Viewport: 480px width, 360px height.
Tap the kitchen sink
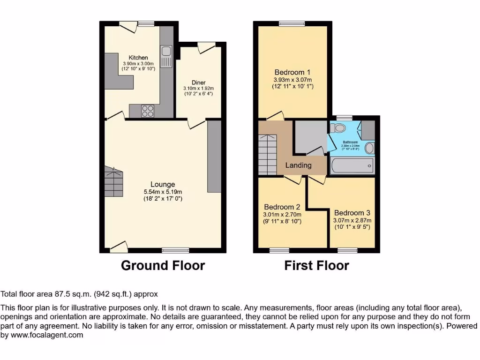tap(166, 56)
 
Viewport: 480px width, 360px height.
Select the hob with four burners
tap(148, 111)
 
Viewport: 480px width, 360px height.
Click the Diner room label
tap(198, 82)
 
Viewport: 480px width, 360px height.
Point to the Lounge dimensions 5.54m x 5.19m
tap(163, 192)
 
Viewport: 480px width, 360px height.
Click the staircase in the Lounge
tap(114, 182)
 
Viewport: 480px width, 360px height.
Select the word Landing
tap(299, 165)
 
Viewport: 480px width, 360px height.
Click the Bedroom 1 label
tap(292, 72)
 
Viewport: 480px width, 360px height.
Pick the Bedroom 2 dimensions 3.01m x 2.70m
tap(282, 215)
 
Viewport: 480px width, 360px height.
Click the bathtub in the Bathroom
tap(352, 165)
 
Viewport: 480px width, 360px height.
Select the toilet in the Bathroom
tap(337, 128)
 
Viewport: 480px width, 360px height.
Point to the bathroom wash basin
tap(369, 149)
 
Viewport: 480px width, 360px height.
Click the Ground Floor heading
tap(163, 266)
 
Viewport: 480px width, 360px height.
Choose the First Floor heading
tap(317, 266)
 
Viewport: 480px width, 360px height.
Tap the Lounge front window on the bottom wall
tap(176, 250)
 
